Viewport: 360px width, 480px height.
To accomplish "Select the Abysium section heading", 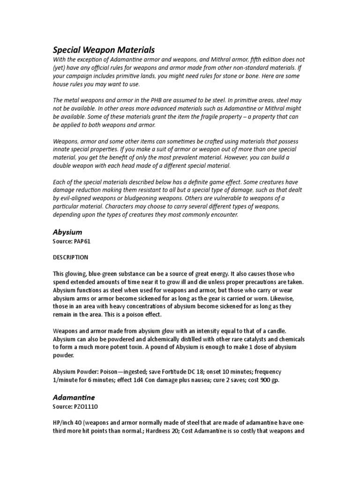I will tap(67, 232).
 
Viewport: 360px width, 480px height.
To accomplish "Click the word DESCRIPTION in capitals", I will tap(70, 257).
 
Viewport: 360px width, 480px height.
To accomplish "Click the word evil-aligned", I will tap(79, 198).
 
